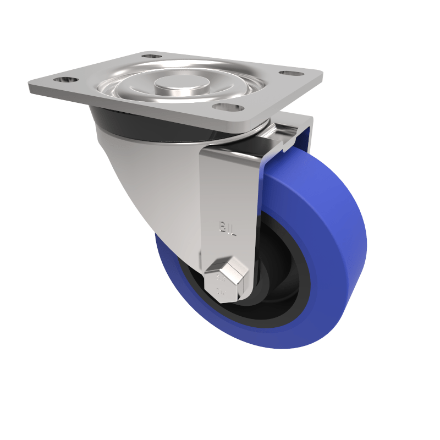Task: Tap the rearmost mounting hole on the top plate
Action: click(152, 56)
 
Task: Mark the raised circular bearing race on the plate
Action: click(132, 88)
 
